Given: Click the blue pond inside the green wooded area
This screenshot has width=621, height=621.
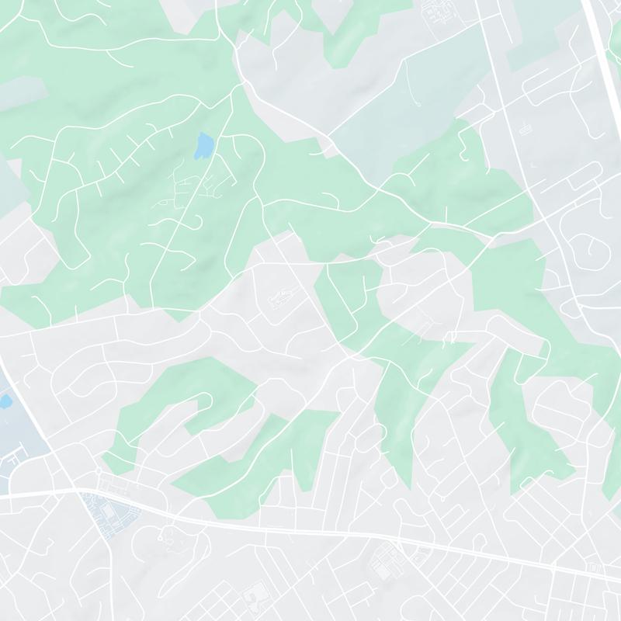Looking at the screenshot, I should point(203,145).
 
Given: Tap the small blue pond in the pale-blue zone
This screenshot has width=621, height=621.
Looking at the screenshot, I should point(4,402).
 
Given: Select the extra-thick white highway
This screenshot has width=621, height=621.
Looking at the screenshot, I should point(602,47).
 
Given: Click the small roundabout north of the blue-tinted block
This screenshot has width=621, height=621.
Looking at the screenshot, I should point(99,471).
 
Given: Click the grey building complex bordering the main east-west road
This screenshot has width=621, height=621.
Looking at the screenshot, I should point(386,560).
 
